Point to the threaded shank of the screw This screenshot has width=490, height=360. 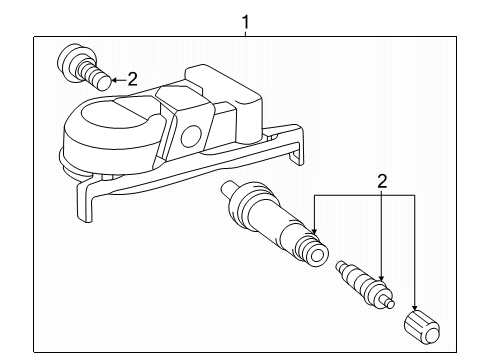click(96, 76)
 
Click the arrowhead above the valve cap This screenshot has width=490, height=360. click(414, 303)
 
